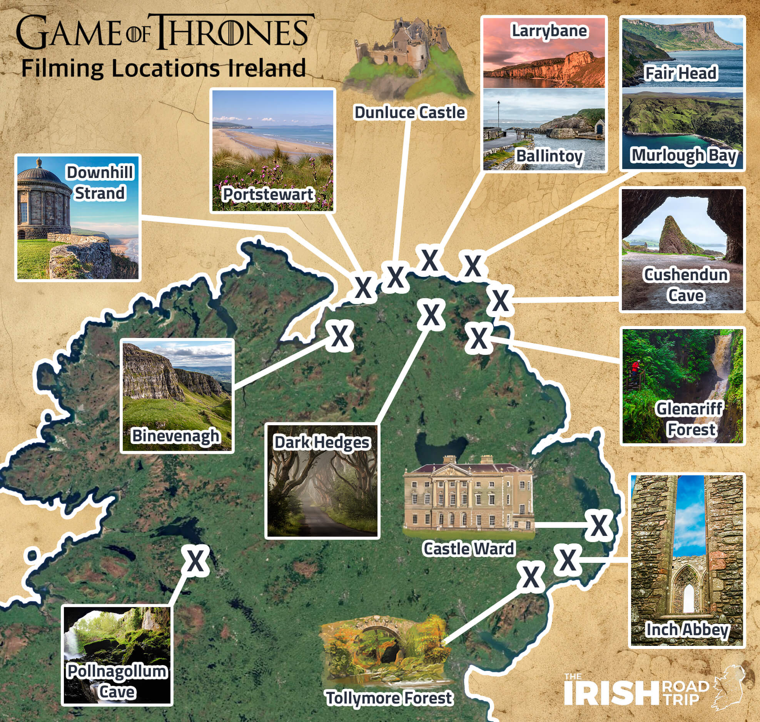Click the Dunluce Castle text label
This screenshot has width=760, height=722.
pyautogui.click(x=409, y=112)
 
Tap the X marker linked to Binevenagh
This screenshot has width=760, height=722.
pyautogui.click(x=339, y=336)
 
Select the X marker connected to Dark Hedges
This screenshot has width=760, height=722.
pyautogui.click(x=431, y=315)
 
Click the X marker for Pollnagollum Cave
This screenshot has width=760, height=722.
pyautogui.click(x=196, y=561)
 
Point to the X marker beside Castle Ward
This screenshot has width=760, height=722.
pyautogui.click(x=599, y=525)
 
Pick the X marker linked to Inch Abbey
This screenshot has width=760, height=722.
pyautogui.click(x=568, y=560)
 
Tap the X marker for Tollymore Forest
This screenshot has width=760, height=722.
pyautogui.click(x=531, y=577)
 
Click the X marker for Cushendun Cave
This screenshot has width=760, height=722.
pyautogui.click(x=500, y=301)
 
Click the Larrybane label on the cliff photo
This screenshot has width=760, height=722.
pyautogui.click(x=549, y=31)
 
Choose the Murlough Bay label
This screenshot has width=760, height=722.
pyautogui.click(x=684, y=155)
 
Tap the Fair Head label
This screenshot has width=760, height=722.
pyautogui.click(x=681, y=73)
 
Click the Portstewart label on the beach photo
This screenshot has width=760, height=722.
pyautogui.click(x=268, y=195)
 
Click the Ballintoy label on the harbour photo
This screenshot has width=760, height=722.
pyautogui.click(x=549, y=156)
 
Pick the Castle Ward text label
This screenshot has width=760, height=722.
pyautogui.click(x=468, y=549)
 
